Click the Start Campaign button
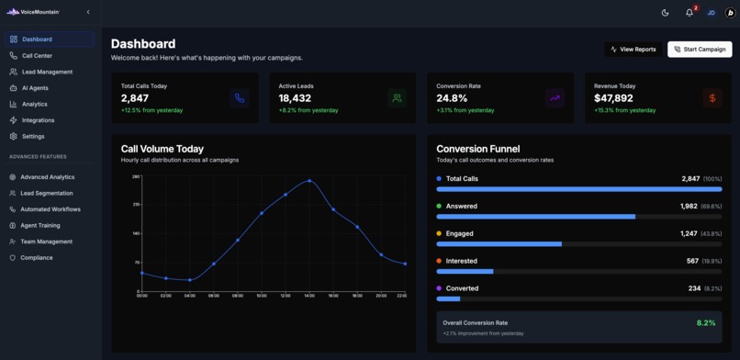(700, 49)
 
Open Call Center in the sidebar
(37, 56)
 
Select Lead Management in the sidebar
(47, 72)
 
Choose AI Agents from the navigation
(35, 88)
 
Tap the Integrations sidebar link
(38, 120)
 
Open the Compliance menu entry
(37, 258)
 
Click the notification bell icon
(690, 13)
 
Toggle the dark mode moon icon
(666, 13)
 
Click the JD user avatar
(711, 13)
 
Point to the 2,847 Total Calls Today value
(135, 98)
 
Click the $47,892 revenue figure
(613, 98)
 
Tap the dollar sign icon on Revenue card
(712, 97)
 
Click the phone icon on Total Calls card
(240, 97)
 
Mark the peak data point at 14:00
(309, 181)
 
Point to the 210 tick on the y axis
(136, 205)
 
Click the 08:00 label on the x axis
(237, 296)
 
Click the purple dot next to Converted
(440, 288)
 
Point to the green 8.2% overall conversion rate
(705, 323)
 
